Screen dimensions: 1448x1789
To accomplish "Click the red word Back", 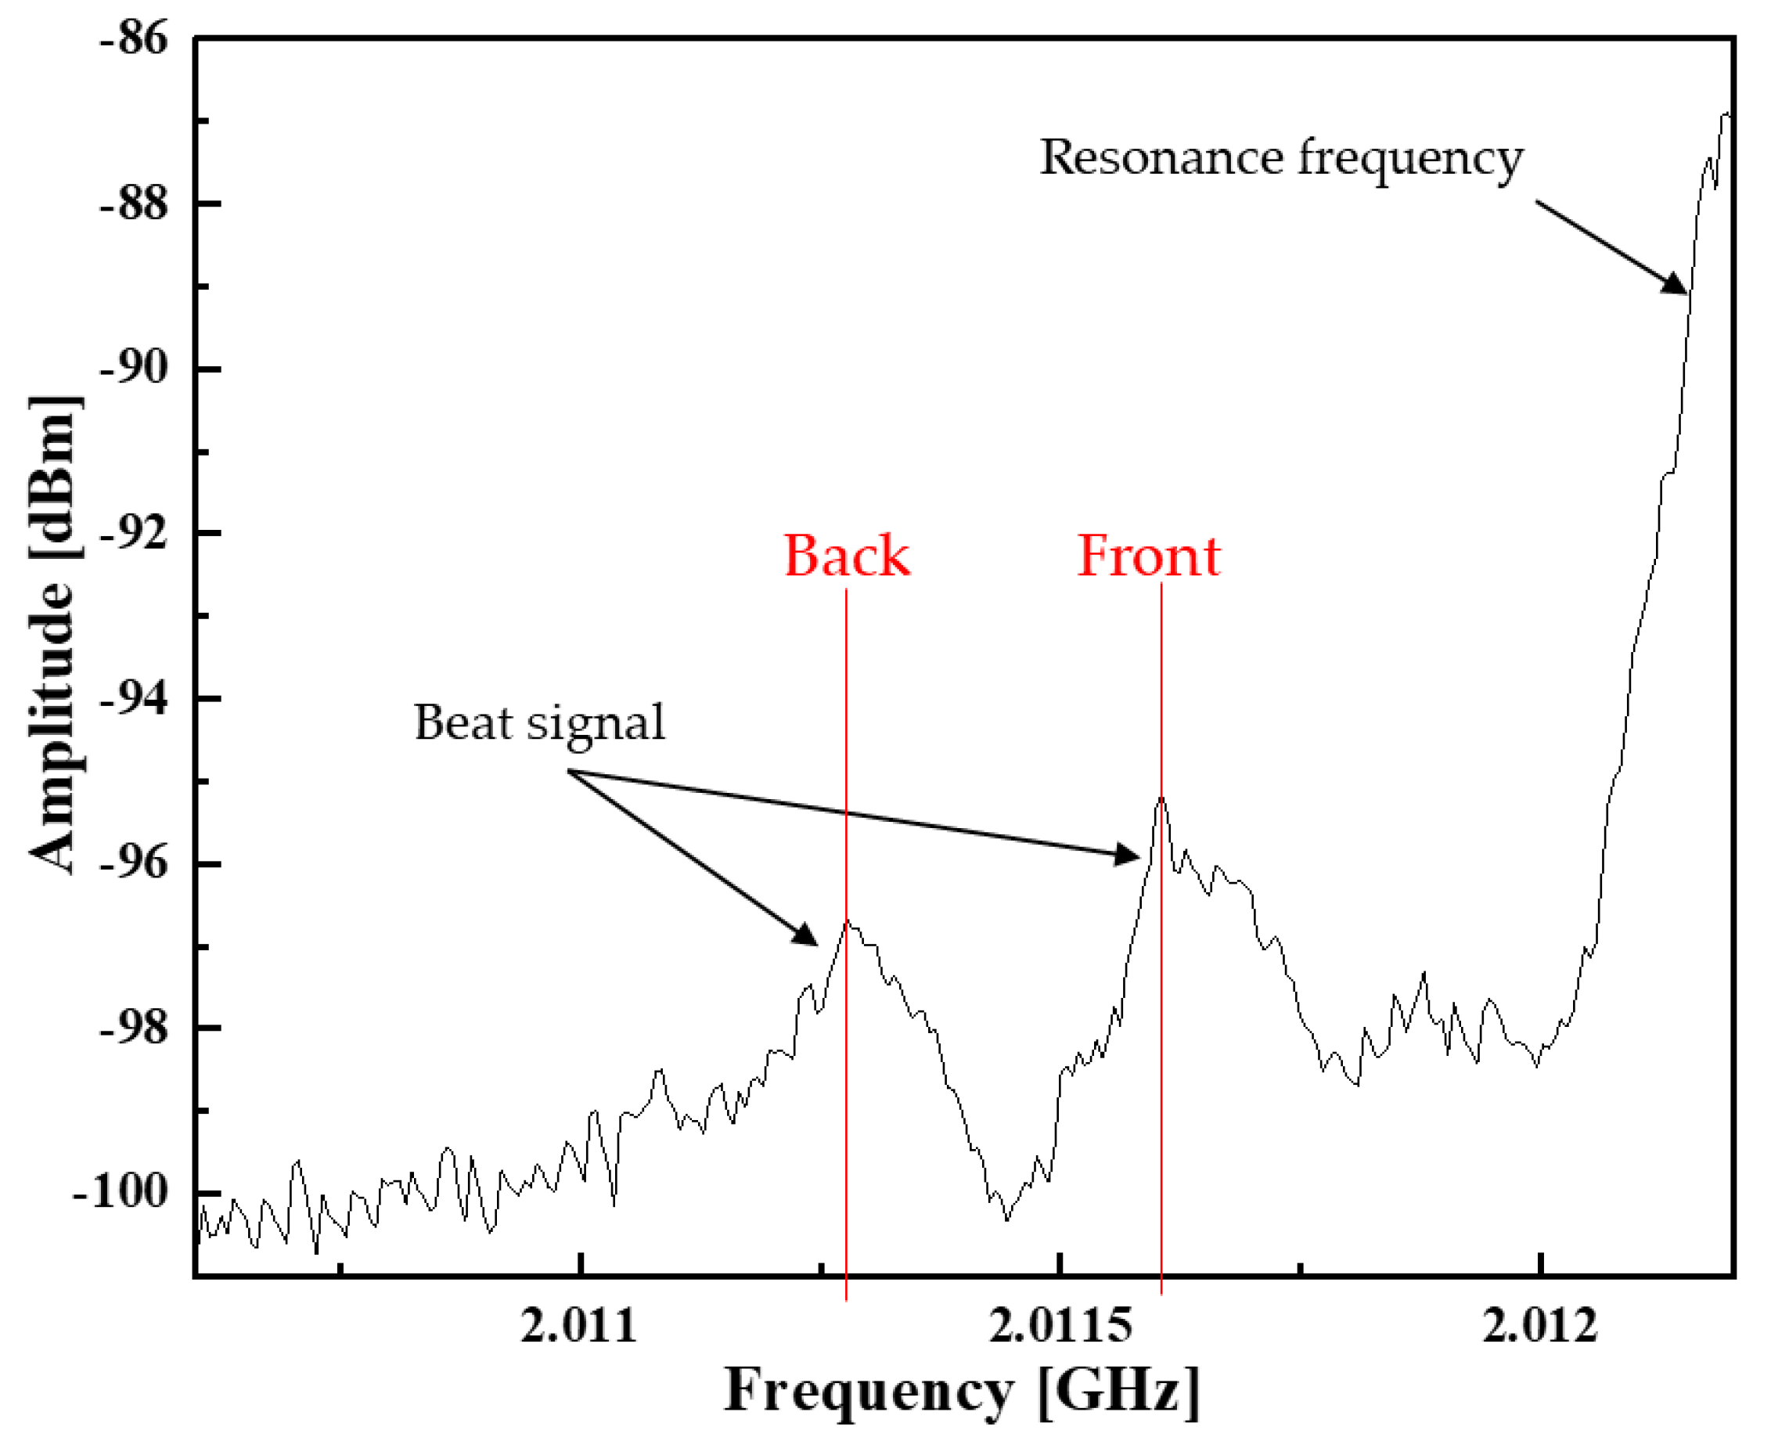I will click(x=846, y=557).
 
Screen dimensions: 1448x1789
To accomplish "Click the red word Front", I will click(x=1149, y=557).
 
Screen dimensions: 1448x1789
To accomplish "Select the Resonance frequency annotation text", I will click(x=1280, y=157).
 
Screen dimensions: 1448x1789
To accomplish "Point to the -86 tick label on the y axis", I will click(x=134, y=39).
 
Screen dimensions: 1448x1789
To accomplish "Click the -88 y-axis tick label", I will click(x=134, y=204).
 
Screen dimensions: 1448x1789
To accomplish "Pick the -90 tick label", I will click(x=134, y=369).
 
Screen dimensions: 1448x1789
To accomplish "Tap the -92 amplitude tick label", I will click(x=134, y=533).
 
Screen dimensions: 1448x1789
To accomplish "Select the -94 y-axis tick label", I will click(x=134, y=698).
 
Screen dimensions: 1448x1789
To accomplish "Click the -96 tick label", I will click(x=134, y=863).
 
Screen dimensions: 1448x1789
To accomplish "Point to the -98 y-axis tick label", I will click(x=134, y=1028).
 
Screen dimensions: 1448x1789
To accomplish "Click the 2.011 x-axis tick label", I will click(x=578, y=1324).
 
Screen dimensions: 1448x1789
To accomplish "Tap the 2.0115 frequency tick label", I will click(x=1061, y=1324).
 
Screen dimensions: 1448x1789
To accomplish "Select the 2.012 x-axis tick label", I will click(x=1539, y=1324).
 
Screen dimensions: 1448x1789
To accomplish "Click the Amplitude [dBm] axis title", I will click(x=54, y=634).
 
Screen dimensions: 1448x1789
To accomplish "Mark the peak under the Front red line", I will click(x=1161, y=798).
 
